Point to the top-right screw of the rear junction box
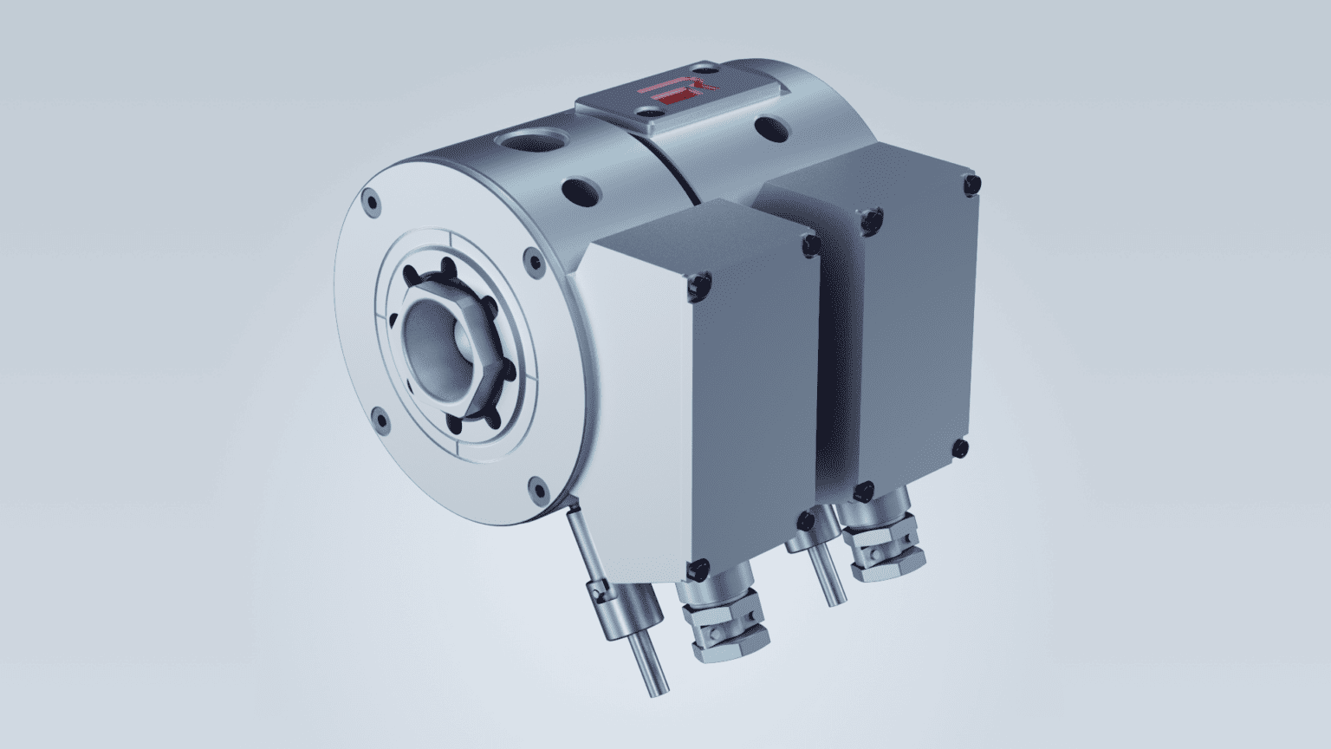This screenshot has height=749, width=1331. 971,185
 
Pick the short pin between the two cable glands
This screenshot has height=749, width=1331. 828,576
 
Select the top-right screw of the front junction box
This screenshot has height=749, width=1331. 811,245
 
